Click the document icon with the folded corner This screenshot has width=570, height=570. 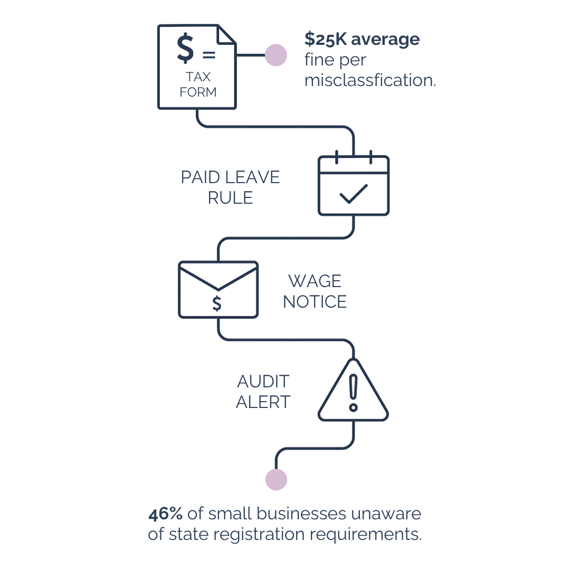coord(196,66)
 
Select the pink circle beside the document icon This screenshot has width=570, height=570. coord(275,55)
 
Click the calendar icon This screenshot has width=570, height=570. coord(353,185)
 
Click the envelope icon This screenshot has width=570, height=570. coord(218,289)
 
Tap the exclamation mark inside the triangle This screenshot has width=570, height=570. coord(353,391)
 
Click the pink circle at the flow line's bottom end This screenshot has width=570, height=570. coord(275,479)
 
